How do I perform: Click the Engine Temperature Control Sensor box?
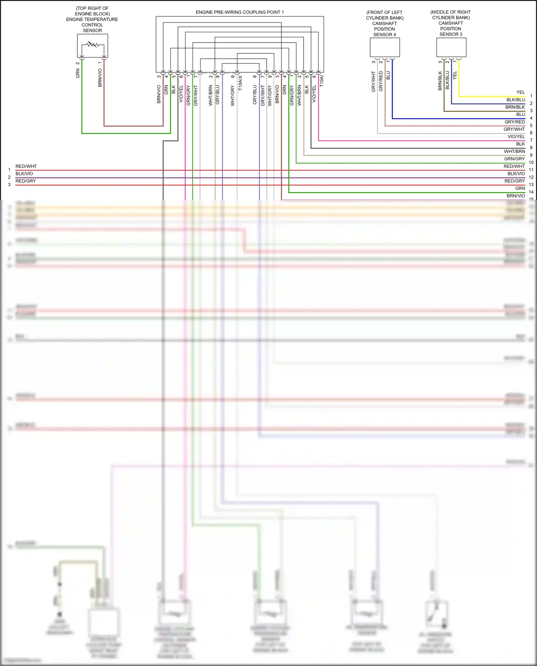point(92,45)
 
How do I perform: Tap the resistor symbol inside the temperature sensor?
point(93,44)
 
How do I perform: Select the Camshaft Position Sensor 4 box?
point(384,47)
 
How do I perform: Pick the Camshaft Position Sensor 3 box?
point(451,47)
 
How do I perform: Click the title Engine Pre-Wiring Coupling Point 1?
point(240,12)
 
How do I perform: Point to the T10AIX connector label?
point(240,83)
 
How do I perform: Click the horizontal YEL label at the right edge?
point(521,92)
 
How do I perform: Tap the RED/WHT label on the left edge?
point(26,166)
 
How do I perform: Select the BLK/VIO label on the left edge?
point(24,174)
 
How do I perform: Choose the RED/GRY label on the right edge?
point(514,181)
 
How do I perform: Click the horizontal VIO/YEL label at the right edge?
point(516,137)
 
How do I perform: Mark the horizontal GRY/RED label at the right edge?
point(515,122)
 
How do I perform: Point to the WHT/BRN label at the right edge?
point(514,151)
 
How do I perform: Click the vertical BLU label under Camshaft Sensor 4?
point(388,76)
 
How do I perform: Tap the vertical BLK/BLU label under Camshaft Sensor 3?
point(447,81)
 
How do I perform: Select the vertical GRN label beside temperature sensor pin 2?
point(78,74)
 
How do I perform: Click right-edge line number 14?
point(531,192)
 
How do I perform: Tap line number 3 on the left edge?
point(9,185)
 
